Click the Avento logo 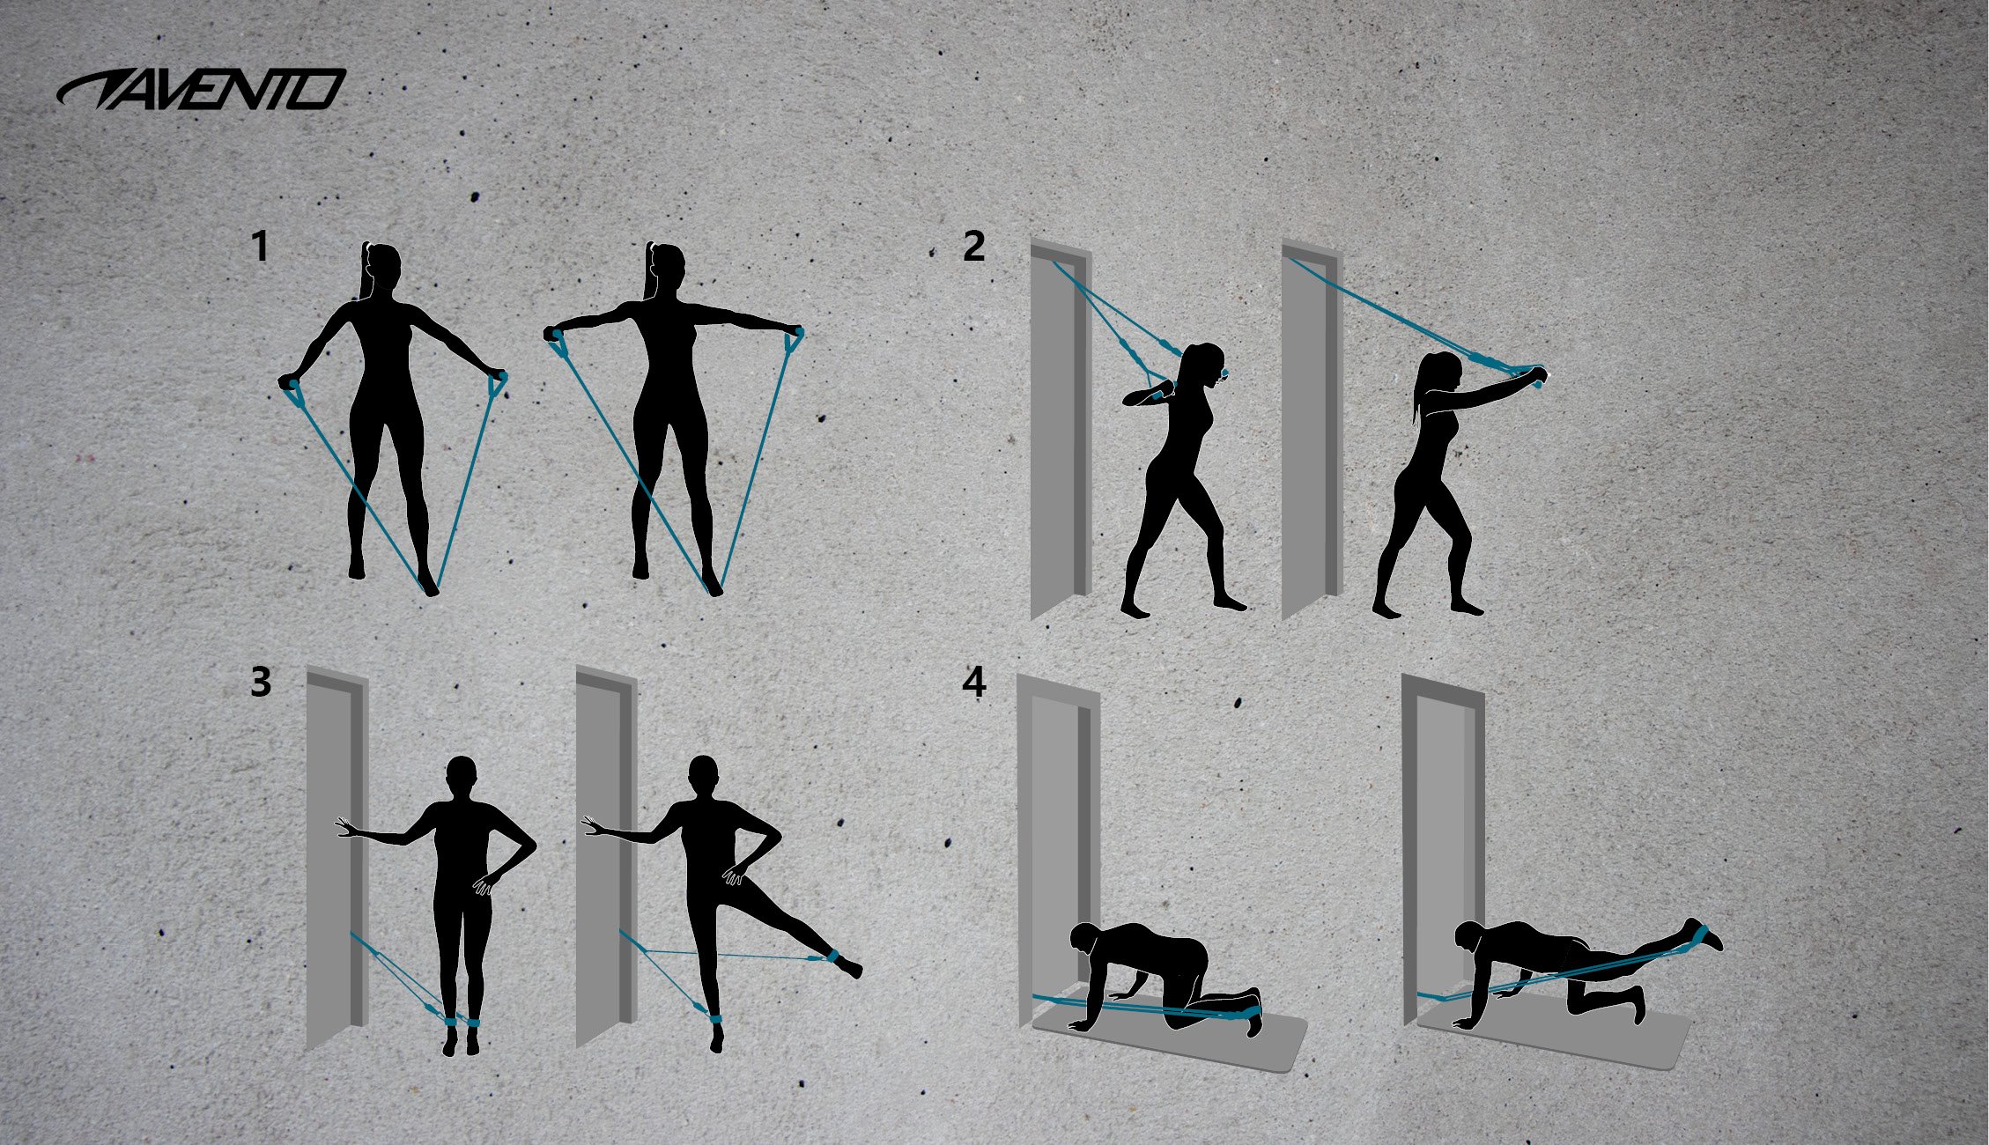201,90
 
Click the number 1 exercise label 259,247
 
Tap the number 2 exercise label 973,247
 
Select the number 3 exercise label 260,683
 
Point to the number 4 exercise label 973,683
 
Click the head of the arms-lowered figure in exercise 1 383,264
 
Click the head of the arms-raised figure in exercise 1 668,264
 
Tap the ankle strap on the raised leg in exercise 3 832,957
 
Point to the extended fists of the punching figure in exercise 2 1534,376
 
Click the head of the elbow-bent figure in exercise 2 1206,366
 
